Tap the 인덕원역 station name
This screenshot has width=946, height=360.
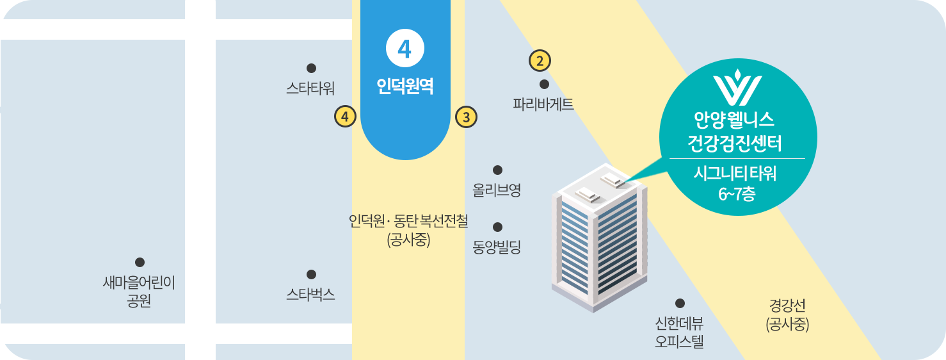pyautogui.click(x=405, y=86)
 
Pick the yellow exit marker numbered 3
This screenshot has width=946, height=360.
pyautogui.click(x=466, y=117)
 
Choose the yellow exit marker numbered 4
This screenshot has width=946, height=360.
pyautogui.click(x=345, y=117)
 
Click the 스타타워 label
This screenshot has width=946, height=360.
pyautogui.click(x=310, y=88)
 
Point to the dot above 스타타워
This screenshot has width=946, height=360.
pyautogui.click(x=312, y=68)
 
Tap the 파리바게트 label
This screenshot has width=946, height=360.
pyautogui.click(x=543, y=104)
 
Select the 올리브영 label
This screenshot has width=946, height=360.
pyautogui.click(x=497, y=190)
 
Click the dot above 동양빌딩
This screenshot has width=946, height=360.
pyautogui.click(x=497, y=227)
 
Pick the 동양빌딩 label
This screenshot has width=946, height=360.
pyautogui.click(x=497, y=247)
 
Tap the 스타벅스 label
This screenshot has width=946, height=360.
pyautogui.click(x=310, y=295)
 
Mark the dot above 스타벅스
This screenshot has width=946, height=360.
pyautogui.click(x=311, y=275)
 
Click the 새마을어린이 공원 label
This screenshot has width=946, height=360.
pyautogui.click(x=139, y=291)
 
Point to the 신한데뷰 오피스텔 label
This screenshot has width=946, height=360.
pyautogui.click(x=679, y=332)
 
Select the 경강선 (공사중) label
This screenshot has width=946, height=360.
pyautogui.click(x=787, y=315)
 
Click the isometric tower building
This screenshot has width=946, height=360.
pyautogui.click(x=599, y=237)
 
